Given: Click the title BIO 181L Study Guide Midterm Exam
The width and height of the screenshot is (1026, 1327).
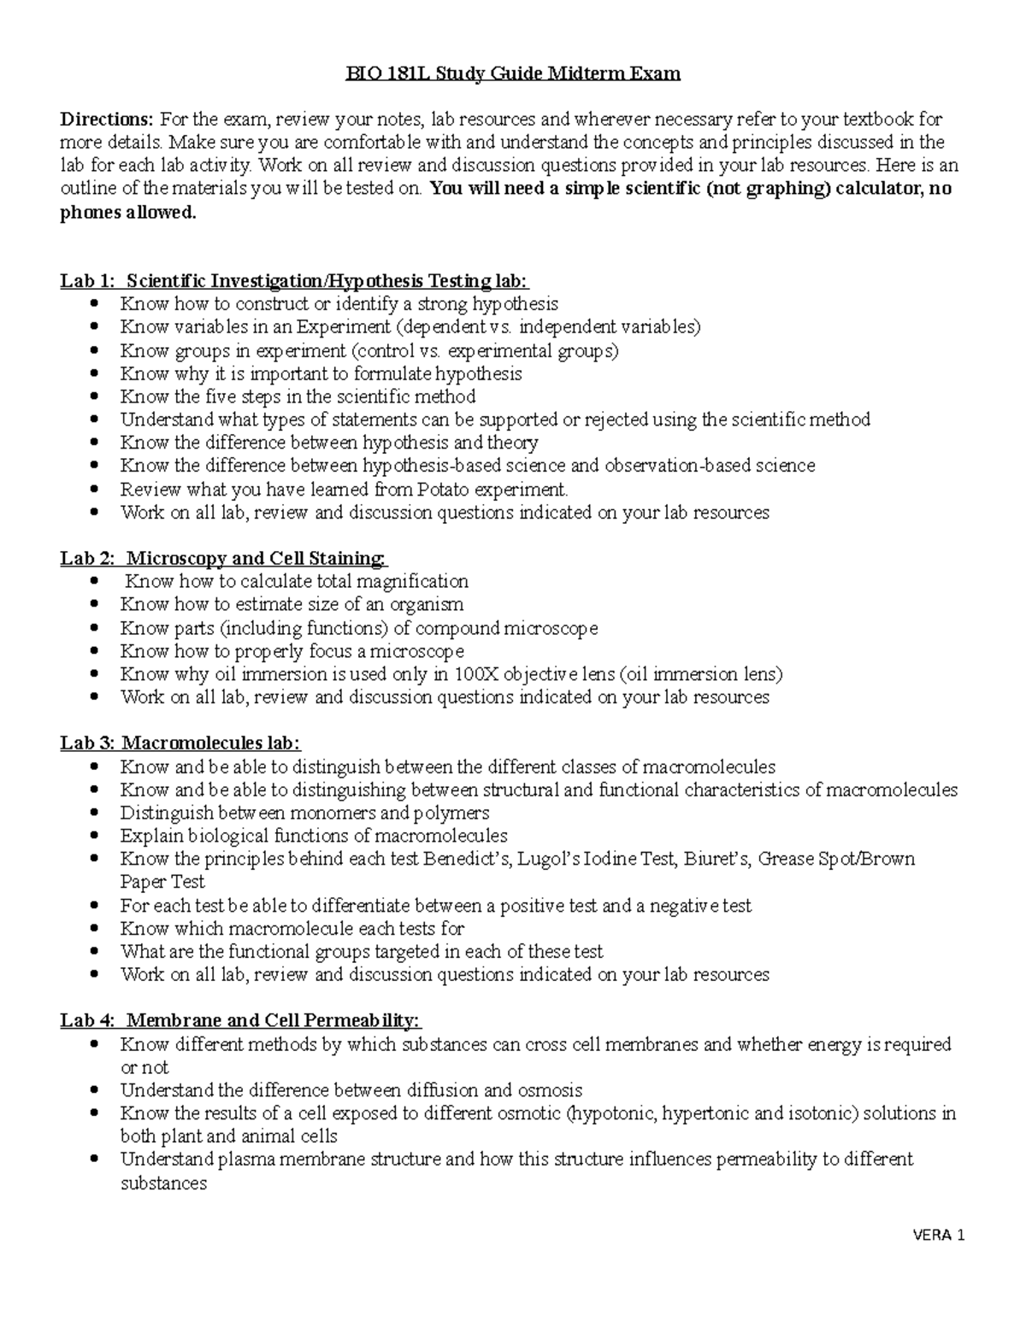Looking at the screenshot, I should click(513, 73).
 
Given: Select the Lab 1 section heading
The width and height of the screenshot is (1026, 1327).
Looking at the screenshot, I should click(294, 280).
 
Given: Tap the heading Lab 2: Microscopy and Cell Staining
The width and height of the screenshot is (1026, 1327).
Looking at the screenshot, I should click(223, 558).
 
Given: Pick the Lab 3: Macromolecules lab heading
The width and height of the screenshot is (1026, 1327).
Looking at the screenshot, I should click(180, 743).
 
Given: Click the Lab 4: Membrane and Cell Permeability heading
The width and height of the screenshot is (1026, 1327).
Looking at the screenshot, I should click(240, 1020).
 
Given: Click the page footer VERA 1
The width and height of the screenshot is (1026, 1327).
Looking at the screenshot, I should click(939, 1236).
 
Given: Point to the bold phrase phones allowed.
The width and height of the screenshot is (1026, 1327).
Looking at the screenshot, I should click(127, 213).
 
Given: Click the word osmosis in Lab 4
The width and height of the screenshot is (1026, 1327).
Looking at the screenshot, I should click(551, 1090).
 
